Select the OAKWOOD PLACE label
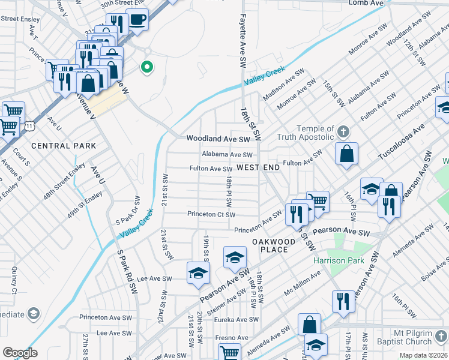pyautogui.click(x=274, y=246)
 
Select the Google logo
pyautogui.click(x=20, y=353)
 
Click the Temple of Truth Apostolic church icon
pyautogui.click(x=343, y=131)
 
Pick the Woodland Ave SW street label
pyautogui.click(x=217, y=139)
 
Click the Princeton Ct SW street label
pyautogui.click(x=211, y=214)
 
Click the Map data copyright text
pyautogui.click(x=423, y=355)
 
